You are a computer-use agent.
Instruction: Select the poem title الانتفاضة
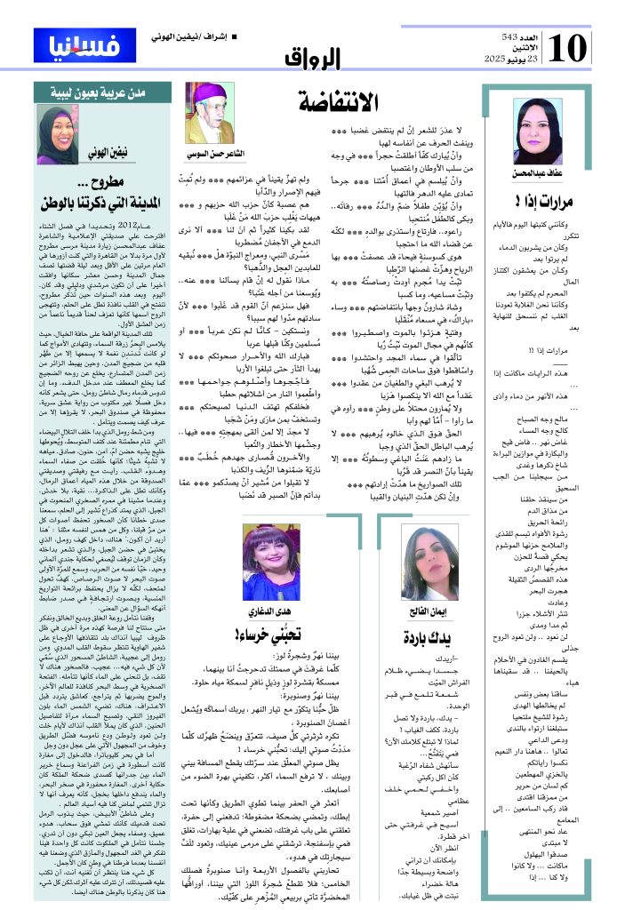pyautogui.click(x=339, y=101)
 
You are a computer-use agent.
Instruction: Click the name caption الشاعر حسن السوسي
pyautogui.click(x=210, y=155)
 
